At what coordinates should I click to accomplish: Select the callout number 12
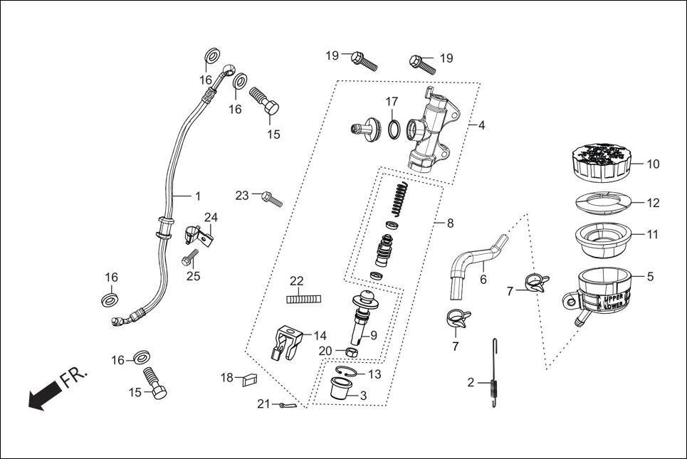point(653,203)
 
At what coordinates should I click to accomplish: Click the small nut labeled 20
point(350,352)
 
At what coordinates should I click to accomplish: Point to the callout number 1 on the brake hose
point(198,196)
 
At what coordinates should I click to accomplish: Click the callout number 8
point(449,223)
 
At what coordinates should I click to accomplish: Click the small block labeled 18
point(248,379)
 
